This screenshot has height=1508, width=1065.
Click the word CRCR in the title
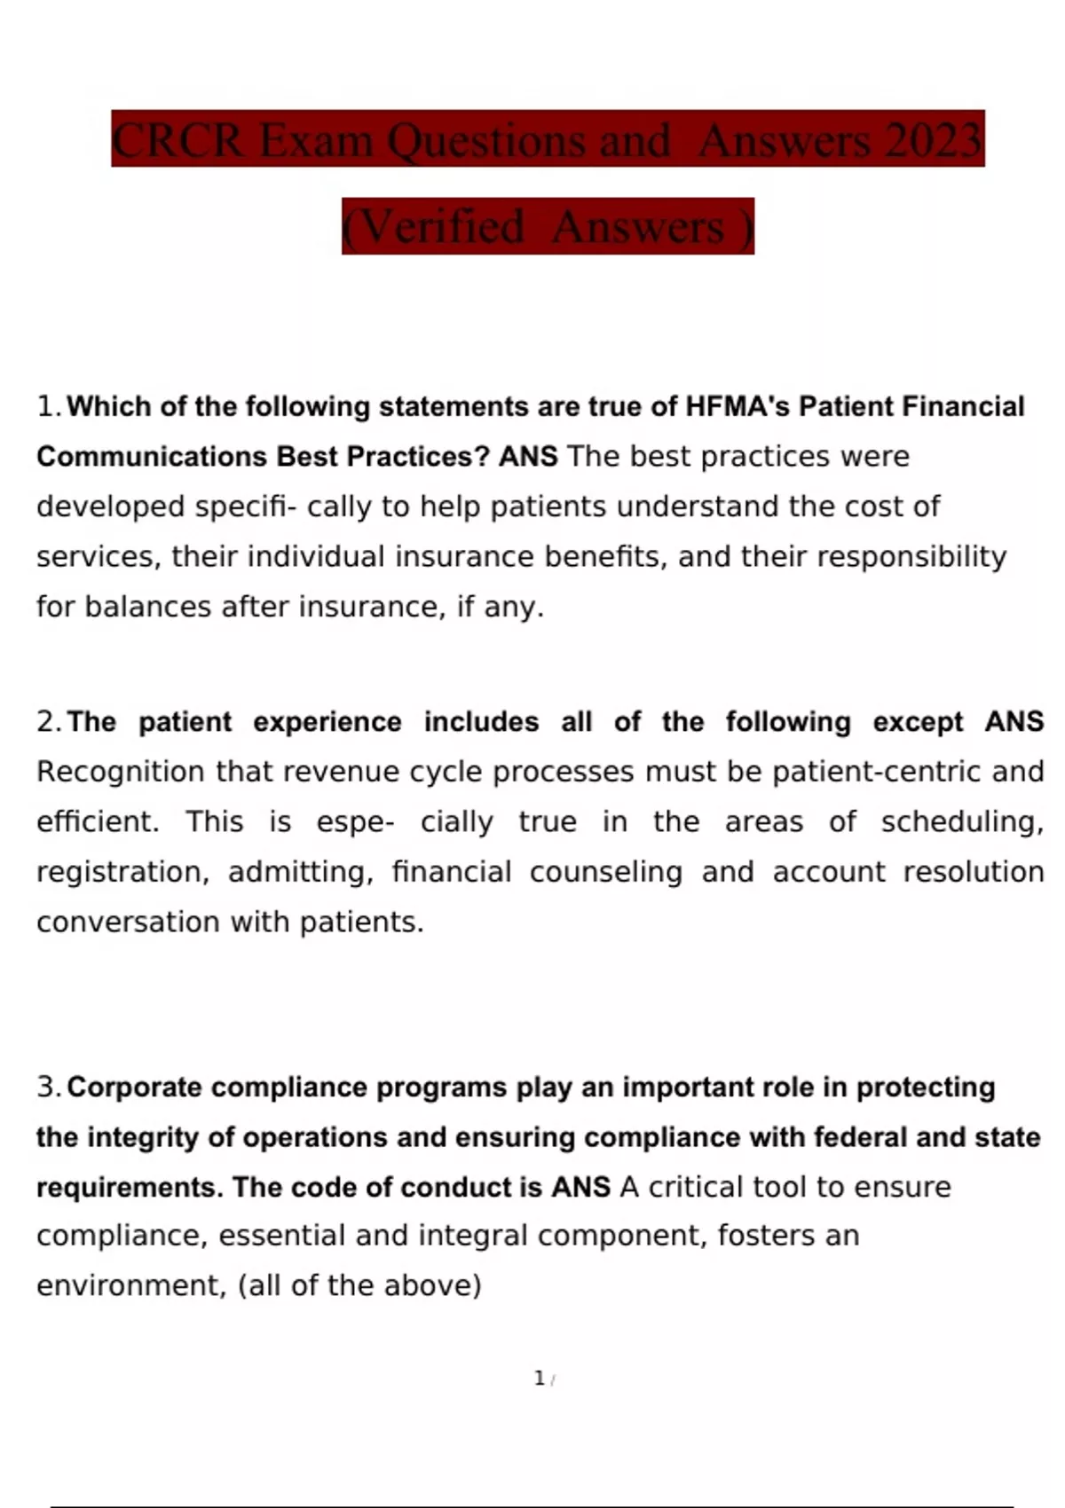(x=178, y=140)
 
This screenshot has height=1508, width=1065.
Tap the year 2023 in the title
(x=932, y=140)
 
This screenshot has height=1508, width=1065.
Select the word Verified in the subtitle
(x=443, y=227)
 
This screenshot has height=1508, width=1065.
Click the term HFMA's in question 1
(x=737, y=406)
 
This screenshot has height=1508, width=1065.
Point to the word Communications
(x=152, y=456)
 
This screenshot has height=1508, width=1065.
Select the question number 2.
(x=48, y=721)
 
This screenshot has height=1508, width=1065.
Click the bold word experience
(x=327, y=721)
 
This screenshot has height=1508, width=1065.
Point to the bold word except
(x=918, y=721)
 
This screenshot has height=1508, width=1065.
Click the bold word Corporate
(x=134, y=1087)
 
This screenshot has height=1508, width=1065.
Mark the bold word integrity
(x=142, y=1137)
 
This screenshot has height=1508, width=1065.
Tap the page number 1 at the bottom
(x=539, y=1378)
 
